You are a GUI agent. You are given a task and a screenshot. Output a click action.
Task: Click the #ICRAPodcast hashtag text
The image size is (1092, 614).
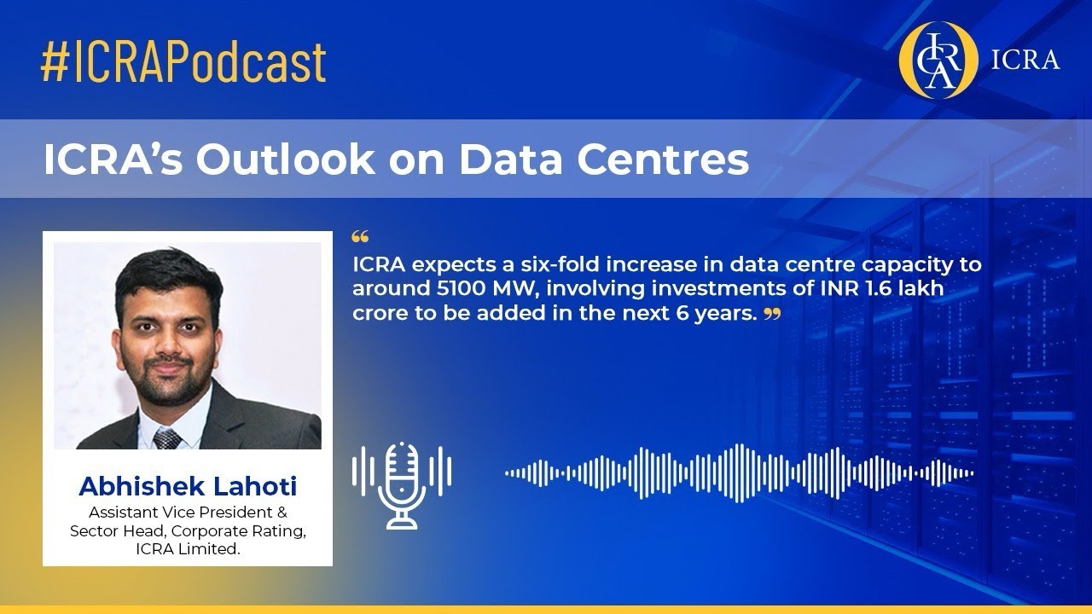183,61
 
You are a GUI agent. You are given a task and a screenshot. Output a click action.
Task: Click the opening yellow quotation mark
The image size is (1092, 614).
359,236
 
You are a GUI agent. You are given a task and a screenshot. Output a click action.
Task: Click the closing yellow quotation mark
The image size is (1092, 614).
772,315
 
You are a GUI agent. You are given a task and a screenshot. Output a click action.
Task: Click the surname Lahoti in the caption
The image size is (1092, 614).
255,486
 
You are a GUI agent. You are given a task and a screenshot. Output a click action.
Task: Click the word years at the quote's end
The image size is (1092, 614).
731,313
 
